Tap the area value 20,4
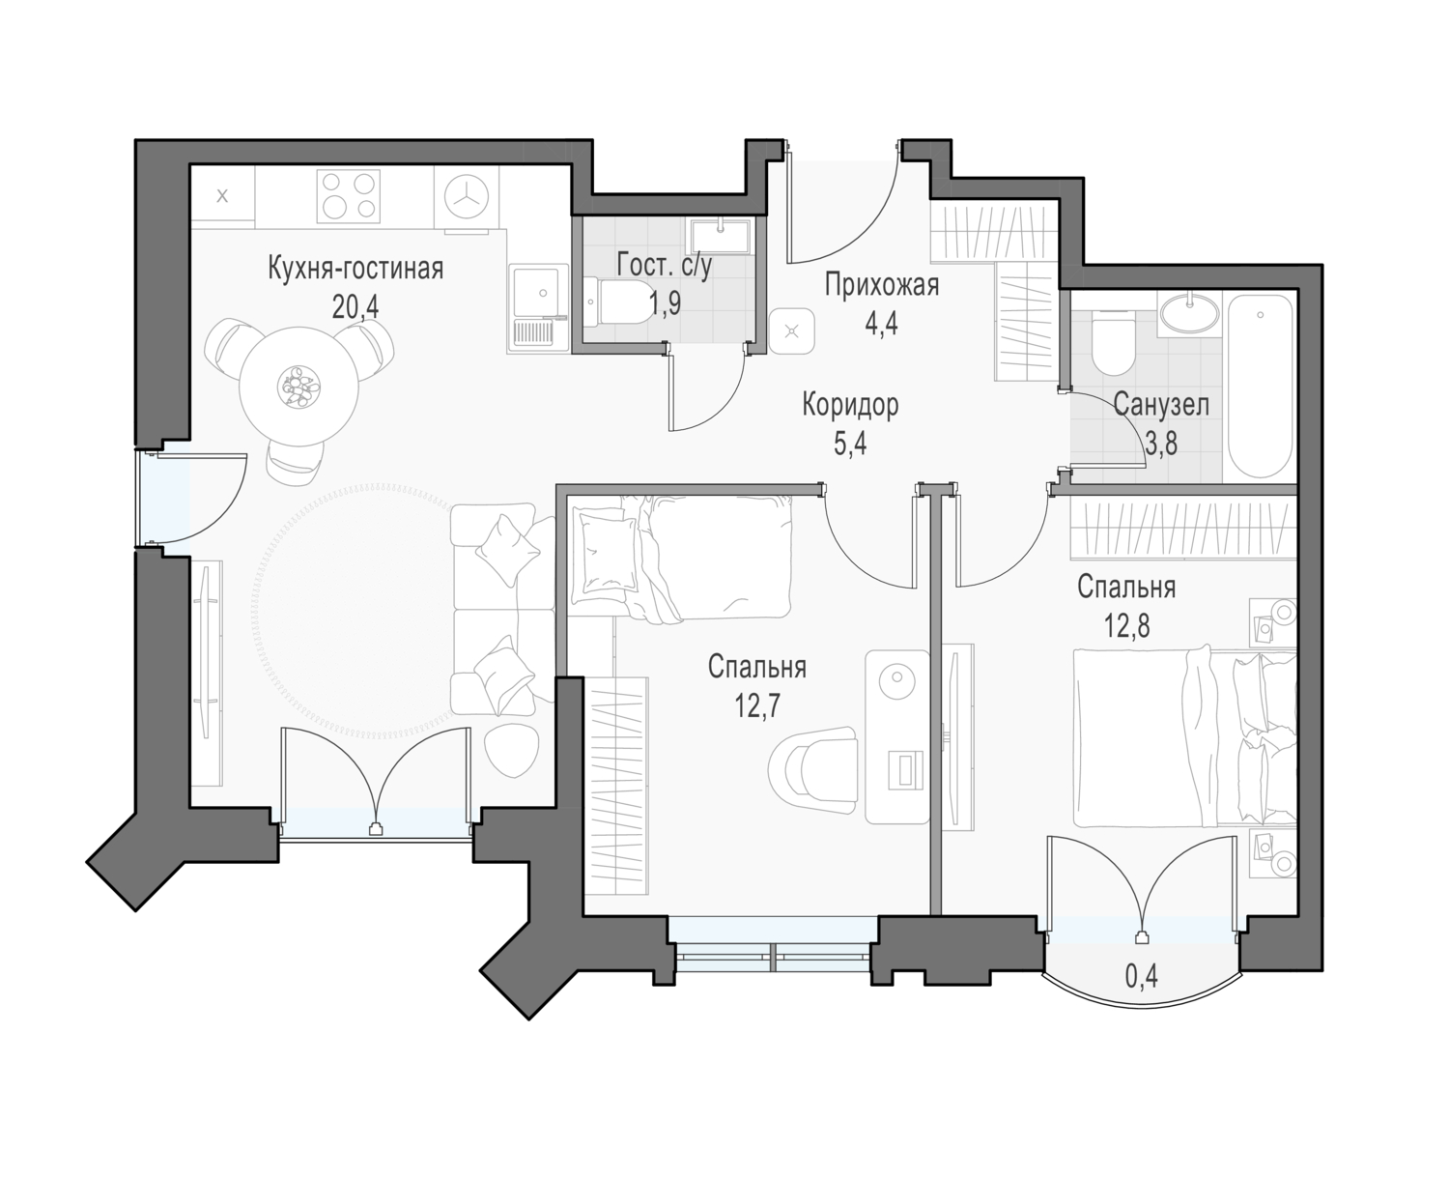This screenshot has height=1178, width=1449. (355, 307)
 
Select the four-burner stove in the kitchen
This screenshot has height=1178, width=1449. (349, 196)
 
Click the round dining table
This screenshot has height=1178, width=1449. (298, 386)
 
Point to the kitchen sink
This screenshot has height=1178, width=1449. (537, 307)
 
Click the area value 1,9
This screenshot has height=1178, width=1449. (665, 303)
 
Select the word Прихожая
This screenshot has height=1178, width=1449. (882, 285)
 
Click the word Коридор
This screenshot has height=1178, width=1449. (850, 405)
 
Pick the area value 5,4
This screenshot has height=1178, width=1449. (850, 444)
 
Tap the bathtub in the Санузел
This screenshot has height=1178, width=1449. (1260, 387)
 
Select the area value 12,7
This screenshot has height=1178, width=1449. (757, 705)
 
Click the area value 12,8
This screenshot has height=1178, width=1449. (1126, 625)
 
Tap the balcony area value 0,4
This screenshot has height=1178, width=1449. (1142, 977)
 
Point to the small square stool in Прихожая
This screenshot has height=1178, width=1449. (792, 330)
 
